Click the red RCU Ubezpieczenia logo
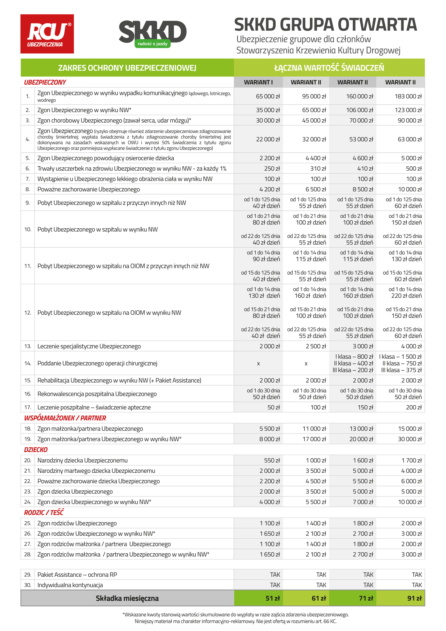pyautogui.click(x=47, y=34)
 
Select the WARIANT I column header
pyautogui.click(x=258, y=82)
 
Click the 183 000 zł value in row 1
pyautogui.click(x=408, y=96)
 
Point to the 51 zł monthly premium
pyautogui.click(x=273, y=598)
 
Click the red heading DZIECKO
pyautogui.click(x=36, y=450)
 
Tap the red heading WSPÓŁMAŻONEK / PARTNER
pyautogui.click(x=65, y=418)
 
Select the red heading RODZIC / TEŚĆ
pyautogui.click(x=44, y=512)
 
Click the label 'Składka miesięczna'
pyautogui.click(x=127, y=598)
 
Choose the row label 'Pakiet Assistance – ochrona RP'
pyautogui.click(x=77, y=575)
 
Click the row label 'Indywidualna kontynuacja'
pyautogui.click(x=70, y=585)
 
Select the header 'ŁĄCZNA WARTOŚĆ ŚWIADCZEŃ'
pyautogui.click(x=329, y=68)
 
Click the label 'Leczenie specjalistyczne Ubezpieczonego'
pyautogui.click(x=89, y=346)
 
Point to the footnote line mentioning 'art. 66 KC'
pyautogui.click(x=235, y=621)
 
